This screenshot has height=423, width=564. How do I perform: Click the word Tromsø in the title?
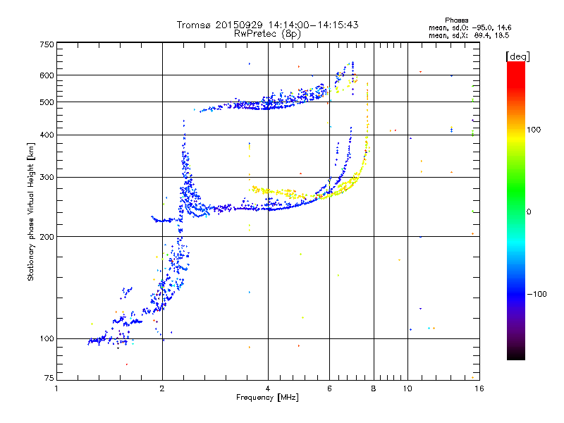195,25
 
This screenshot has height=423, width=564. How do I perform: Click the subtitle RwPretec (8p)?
267,34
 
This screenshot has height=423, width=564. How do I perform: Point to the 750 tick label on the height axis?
47,44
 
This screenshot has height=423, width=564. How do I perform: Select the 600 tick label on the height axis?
47,75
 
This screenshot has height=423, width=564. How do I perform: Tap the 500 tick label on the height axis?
47,102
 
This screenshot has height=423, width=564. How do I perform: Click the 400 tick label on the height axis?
47,135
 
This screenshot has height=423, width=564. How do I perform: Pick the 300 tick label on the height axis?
47,178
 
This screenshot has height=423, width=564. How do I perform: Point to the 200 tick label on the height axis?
47,237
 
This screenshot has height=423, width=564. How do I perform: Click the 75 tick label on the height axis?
49,378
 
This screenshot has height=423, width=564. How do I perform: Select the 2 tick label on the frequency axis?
162,388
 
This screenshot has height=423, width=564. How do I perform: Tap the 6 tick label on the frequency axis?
329,388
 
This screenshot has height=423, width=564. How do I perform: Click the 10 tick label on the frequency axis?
407,388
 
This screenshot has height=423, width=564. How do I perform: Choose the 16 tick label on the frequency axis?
479,388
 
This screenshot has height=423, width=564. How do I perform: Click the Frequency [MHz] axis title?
268,398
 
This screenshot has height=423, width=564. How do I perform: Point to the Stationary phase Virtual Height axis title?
31,211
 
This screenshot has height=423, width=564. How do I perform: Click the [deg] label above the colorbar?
517,57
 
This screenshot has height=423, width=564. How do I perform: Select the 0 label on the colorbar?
529,212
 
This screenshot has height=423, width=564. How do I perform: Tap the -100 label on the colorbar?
537,294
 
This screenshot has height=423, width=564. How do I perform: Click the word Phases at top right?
456,20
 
